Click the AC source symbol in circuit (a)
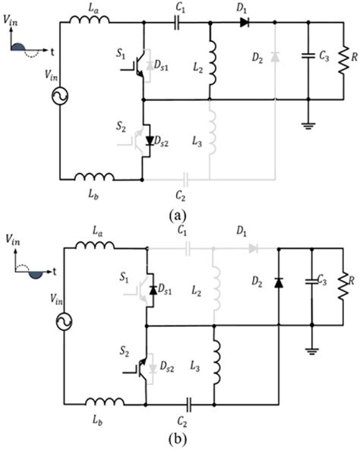click(x=58, y=99)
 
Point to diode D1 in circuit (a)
click(x=245, y=23)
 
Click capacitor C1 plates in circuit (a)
click(x=179, y=23)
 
